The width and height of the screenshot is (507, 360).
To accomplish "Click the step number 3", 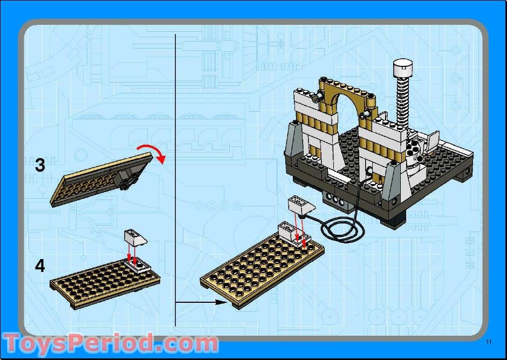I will tap(40, 165).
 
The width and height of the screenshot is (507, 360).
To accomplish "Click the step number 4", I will tap(40, 266).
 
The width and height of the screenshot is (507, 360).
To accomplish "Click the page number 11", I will tap(489, 341).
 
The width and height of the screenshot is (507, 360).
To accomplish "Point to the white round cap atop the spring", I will tap(402, 68).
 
